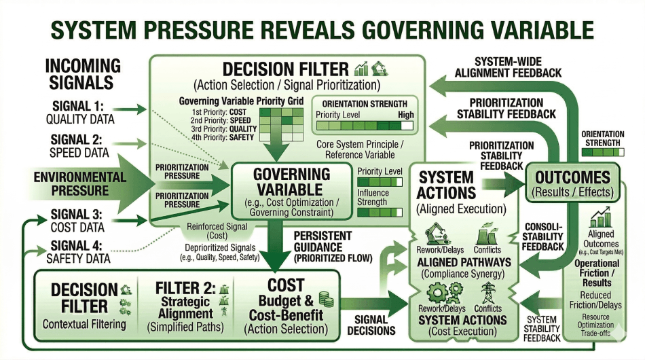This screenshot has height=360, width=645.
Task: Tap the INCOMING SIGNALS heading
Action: click(83, 75)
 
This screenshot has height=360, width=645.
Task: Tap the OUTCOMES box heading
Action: click(572, 178)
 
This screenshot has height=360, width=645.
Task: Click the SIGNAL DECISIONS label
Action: click(371, 325)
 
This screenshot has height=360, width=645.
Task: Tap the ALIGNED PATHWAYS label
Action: click(464, 262)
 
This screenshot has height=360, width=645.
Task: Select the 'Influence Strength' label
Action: click(373, 197)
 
